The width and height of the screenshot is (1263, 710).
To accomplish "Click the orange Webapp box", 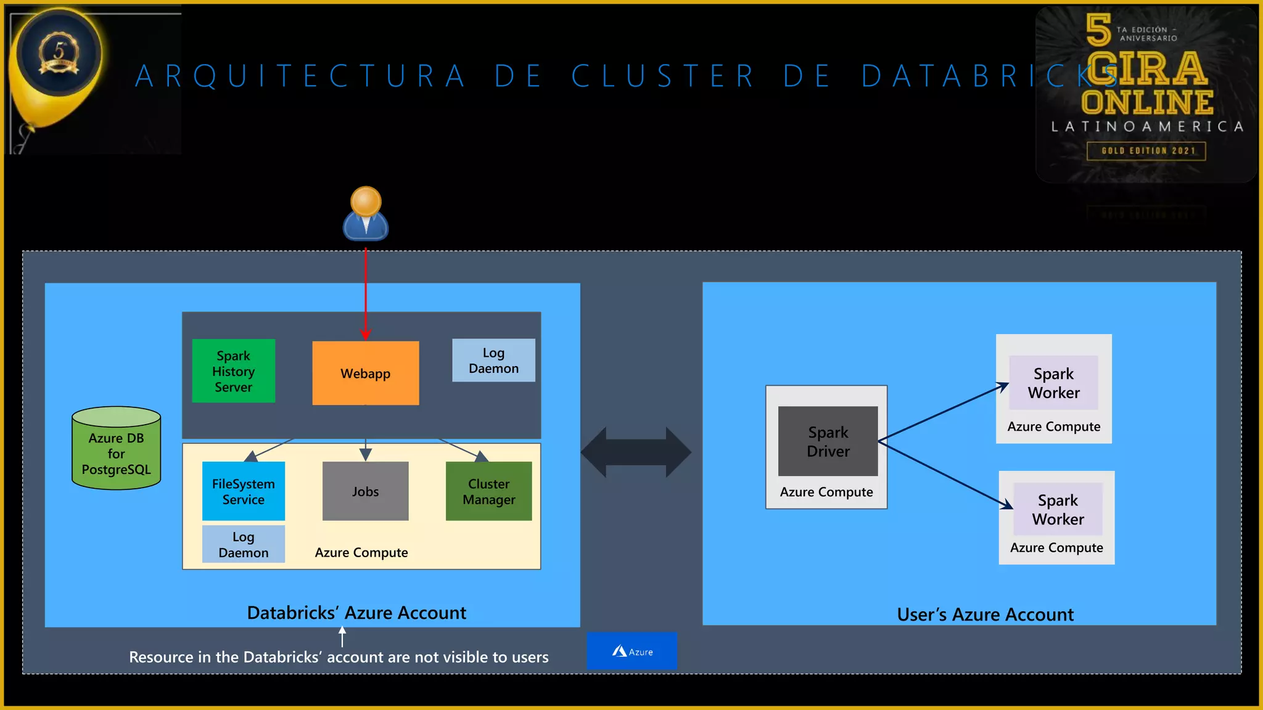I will click(x=365, y=373).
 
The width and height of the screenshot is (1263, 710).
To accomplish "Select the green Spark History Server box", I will click(x=233, y=371).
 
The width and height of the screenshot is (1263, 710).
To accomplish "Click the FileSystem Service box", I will click(x=243, y=491).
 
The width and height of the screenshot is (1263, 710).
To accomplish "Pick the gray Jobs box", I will click(x=365, y=491).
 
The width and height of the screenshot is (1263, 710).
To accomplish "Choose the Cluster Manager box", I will click(x=488, y=491).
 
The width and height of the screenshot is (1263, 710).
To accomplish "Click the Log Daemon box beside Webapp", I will click(x=493, y=361).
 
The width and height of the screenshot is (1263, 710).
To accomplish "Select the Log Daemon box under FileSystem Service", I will click(x=243, y=544).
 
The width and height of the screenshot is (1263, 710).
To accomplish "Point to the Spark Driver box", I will click(x=828, y=441).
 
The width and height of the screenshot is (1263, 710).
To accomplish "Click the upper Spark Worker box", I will click(x=1053, y=383).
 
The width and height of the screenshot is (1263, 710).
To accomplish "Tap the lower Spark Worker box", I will click(x=1058, y=509).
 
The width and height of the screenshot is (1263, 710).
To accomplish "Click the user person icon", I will click(x=366, y=214).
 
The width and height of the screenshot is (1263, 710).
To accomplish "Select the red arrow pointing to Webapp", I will click(x=366, y=290).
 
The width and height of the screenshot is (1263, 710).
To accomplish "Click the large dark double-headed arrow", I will click(x=636, y=452).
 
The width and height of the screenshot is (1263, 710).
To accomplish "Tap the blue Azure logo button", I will click(x=631, y=651).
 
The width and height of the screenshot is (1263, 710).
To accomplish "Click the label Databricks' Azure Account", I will click(x=356, y=613).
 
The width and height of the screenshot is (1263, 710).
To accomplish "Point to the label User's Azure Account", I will click(x=985, y=614).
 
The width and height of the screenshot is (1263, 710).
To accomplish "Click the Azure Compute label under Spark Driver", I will click(x=826, y=492).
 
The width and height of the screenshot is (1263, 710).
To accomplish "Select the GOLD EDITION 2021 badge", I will click(x=1146, y=151).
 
